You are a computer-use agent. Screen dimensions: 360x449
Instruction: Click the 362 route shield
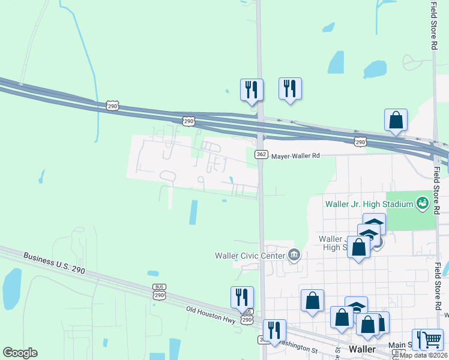coord(261,154)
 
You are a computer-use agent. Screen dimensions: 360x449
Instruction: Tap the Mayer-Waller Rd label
coord(295,155)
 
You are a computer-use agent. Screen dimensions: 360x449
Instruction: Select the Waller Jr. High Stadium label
coord(369,204)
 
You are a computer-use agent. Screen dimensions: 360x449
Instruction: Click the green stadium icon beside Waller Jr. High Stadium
coord(423,204)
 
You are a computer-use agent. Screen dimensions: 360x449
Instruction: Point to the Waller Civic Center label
coord(249,256)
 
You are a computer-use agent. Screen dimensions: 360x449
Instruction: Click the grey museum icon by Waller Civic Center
coord(294,255)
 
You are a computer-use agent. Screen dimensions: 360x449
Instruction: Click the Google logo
coord(20,353)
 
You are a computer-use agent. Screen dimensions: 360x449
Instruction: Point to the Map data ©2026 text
coord(423,355)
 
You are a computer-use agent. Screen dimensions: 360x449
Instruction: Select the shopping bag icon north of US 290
coord(396,119)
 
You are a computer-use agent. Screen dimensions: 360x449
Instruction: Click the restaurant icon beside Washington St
coord(274,329)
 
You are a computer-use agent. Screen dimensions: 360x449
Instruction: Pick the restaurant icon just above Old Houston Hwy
coord(242,296)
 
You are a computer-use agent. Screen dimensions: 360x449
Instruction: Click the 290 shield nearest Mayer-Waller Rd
coord(360,142)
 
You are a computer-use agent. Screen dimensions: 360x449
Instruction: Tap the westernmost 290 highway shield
coord(112,106)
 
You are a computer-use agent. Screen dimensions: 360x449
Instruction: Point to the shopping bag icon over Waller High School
coord(358,247)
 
